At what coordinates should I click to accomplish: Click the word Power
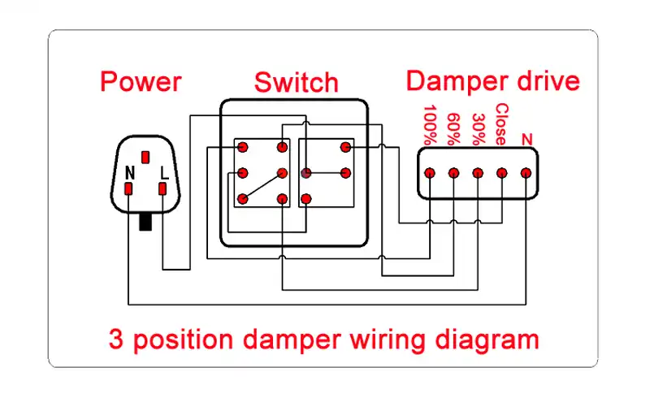point(141,82)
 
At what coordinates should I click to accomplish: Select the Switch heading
point(297,82)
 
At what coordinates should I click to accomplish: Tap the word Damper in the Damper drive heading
point(457,81)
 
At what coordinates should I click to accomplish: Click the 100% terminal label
point(431,125)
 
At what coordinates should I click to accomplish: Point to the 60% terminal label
point(454,129)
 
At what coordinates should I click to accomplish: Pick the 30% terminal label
point(479,129)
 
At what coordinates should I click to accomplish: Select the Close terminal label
point(501,124)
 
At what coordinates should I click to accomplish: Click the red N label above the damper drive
point(526,140)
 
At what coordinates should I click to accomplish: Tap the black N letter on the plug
point(130,172)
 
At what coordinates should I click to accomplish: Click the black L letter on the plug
point(164,172)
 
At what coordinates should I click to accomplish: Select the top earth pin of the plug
point(145,157)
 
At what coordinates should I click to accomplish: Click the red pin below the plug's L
point(162,189)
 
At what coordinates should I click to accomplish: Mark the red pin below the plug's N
point(128,189)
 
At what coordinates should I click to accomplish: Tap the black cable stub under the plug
point(145,222)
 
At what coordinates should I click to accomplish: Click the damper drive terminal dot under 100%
point(430,173)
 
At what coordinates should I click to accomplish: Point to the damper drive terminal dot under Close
point(502,173)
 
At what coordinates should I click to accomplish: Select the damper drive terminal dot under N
point(526,173)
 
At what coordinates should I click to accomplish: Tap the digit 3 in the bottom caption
point(116,339)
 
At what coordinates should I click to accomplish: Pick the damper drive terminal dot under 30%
point(478,173)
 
